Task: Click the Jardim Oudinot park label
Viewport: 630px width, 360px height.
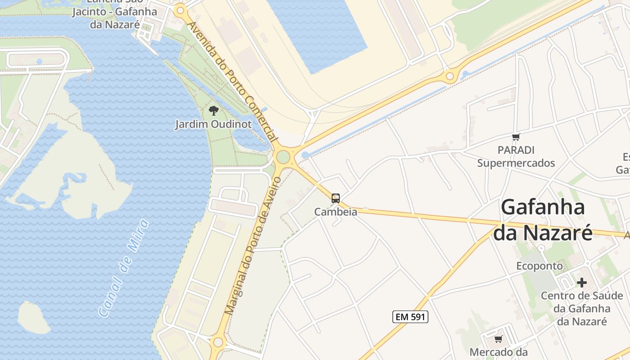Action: point(213,124)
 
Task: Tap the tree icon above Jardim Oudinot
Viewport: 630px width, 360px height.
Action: point(214,110)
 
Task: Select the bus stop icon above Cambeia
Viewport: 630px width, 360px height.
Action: point(336,198)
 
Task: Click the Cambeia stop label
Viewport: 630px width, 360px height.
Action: point(336,211)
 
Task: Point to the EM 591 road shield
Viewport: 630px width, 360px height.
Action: point(410,317)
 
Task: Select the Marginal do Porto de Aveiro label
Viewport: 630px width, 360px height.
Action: point(252,246)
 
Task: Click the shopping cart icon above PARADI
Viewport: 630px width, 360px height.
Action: point(516,137)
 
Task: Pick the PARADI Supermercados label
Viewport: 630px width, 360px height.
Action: point(516,157)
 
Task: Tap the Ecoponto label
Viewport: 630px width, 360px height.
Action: point(540,266)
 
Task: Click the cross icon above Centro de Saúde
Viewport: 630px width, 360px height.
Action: point(582,283)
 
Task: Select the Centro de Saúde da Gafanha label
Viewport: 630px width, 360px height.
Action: point(582,308)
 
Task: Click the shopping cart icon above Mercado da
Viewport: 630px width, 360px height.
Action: point(498,339)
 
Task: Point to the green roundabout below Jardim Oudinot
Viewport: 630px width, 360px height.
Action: point(283,157)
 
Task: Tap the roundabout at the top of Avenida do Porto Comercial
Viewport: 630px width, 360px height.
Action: point(181,10)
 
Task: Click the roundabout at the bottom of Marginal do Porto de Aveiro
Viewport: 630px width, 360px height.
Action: point(218,342)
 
